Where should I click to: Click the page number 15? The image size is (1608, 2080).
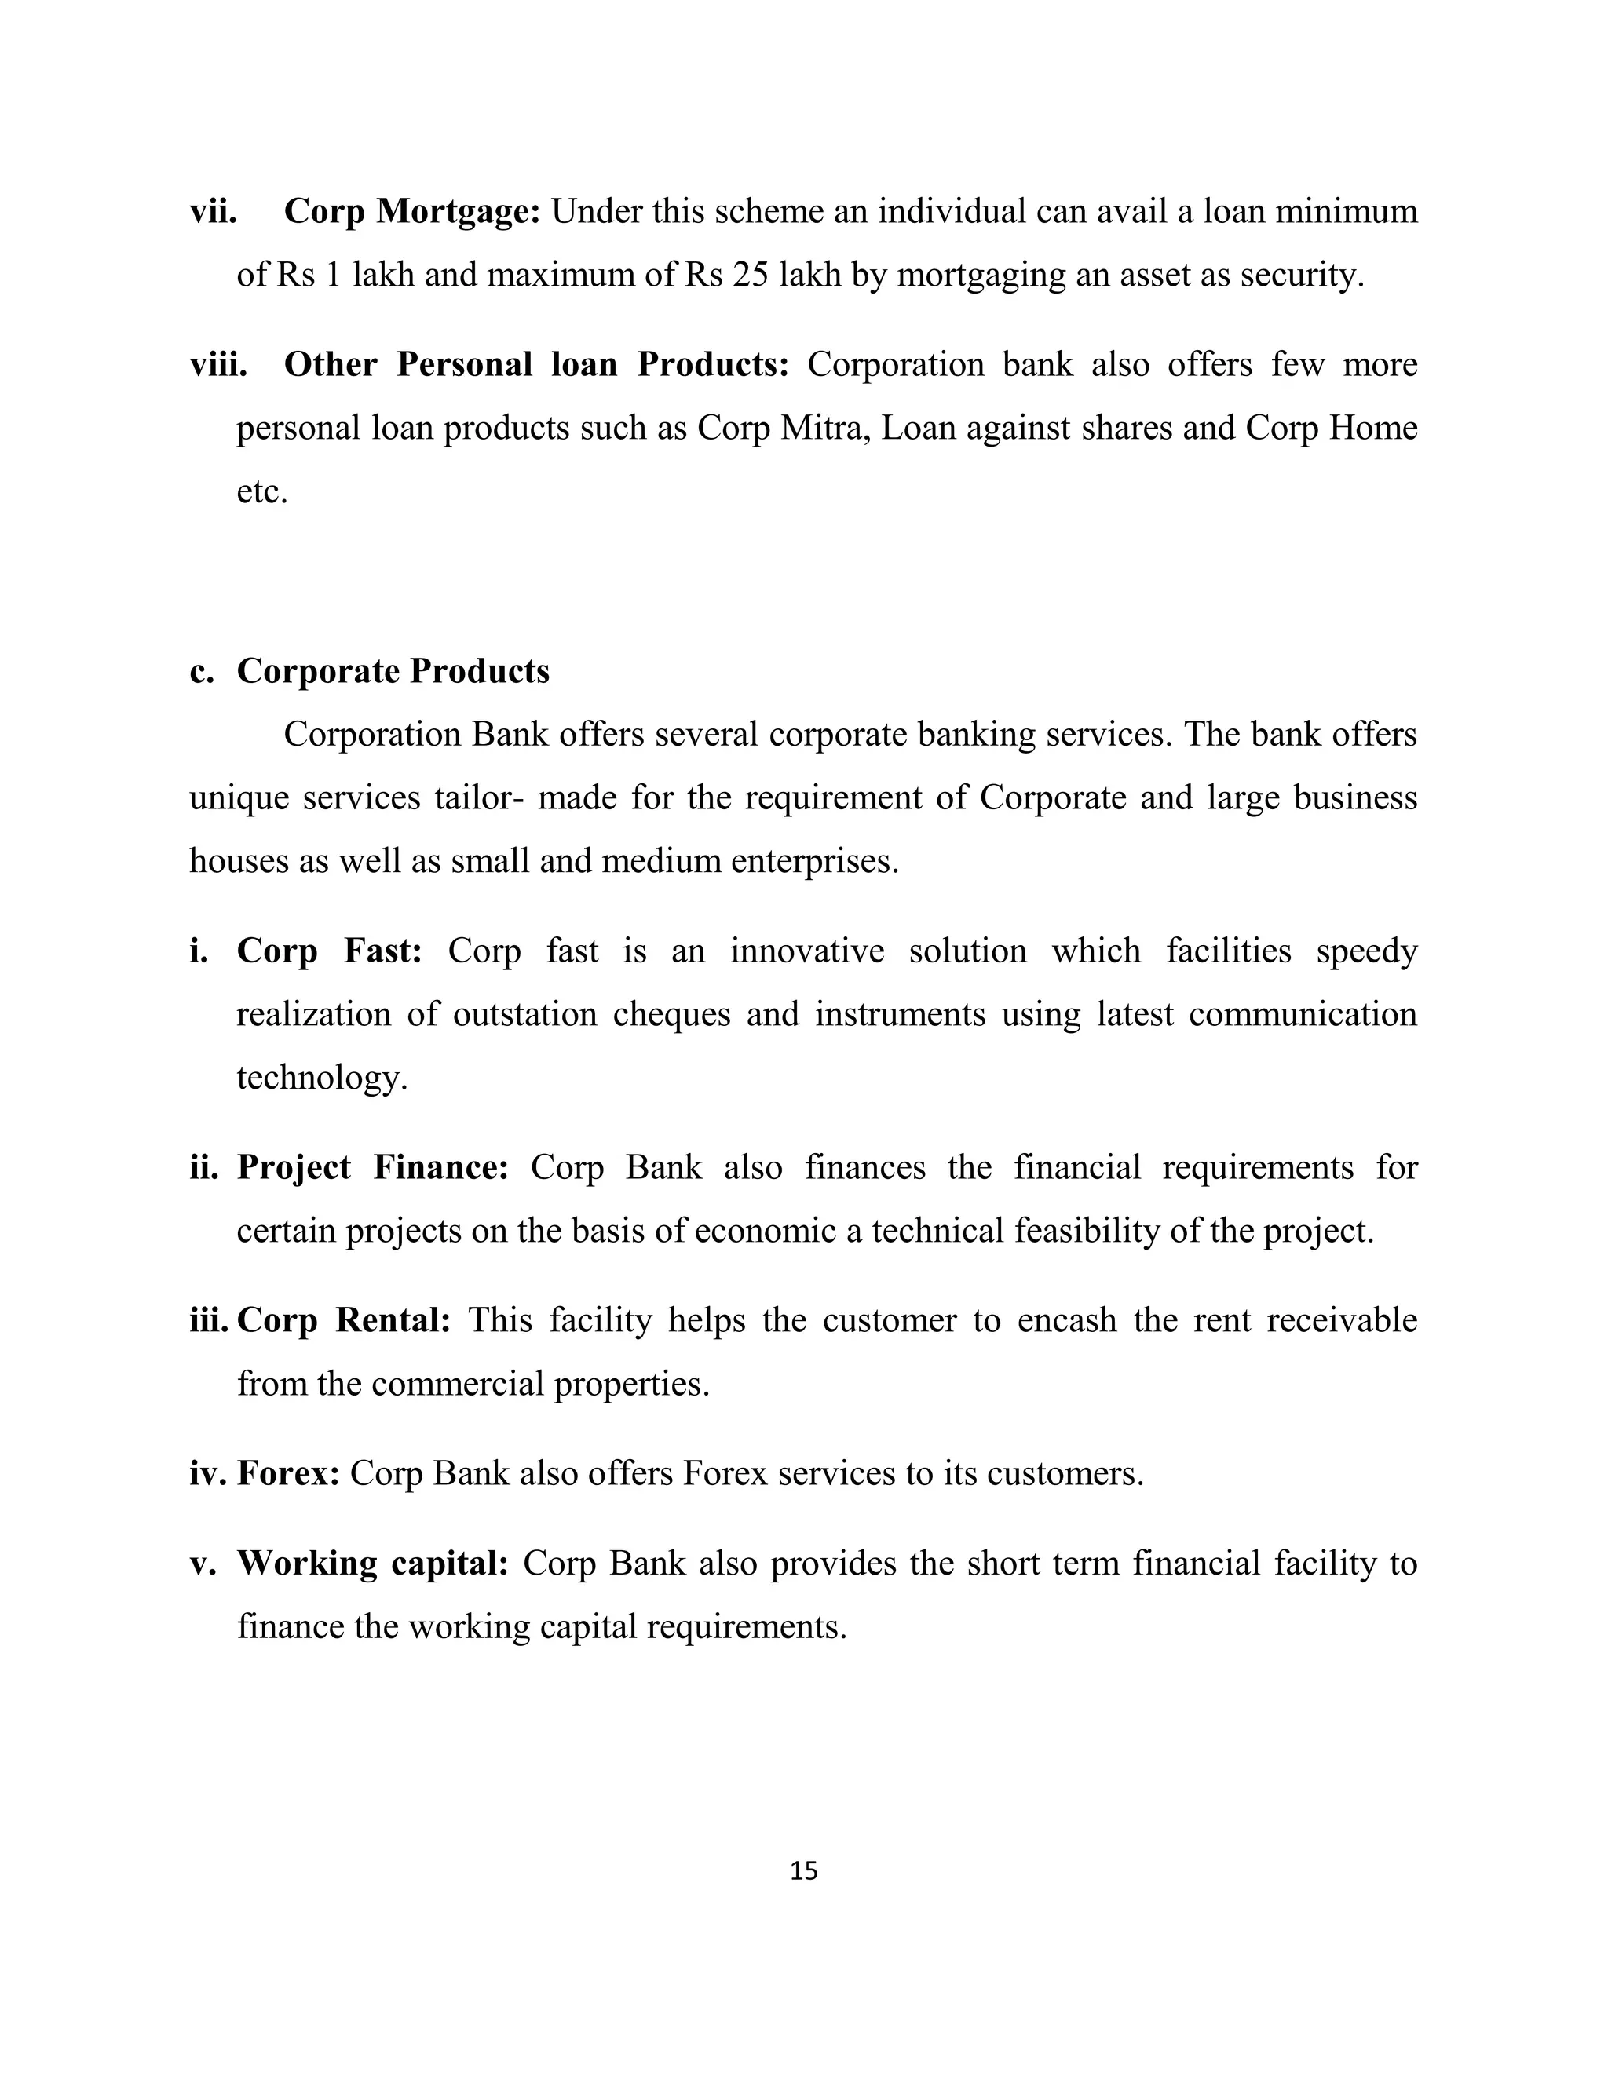tap(803, 1870)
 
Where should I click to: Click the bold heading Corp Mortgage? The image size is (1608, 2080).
tap(411, 211)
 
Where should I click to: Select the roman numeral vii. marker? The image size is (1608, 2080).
tap(214, 211)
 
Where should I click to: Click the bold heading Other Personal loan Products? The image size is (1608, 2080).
tap(536, 365)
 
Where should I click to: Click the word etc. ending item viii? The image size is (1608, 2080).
tap(261, 492)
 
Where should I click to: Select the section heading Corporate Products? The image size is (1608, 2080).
tap(393, 670)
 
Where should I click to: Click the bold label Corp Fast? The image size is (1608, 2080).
tap(329, 951)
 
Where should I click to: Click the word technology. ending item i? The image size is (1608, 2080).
tap(321, 1078)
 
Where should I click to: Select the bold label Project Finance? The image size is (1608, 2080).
tap(372, 1168)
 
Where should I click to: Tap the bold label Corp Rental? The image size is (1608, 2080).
tap(343, 1321)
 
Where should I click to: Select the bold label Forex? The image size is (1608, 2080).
tap(287, 1473)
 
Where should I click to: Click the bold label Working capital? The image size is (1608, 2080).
tap(372, 1563)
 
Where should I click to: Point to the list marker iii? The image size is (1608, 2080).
tap(210, 1321)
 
